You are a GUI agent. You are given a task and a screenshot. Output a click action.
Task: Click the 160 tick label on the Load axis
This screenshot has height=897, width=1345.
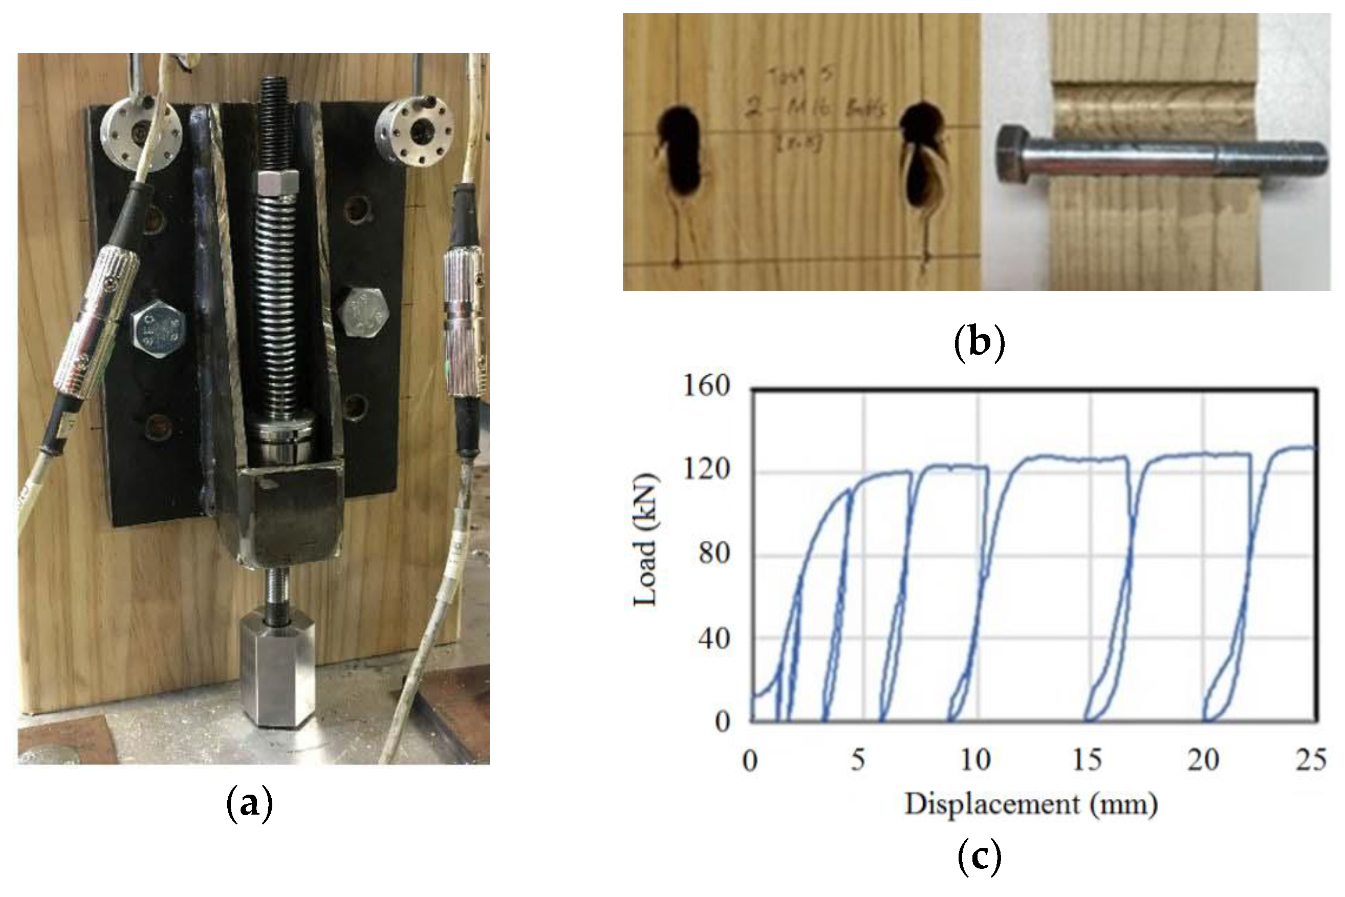(x=707, y=387)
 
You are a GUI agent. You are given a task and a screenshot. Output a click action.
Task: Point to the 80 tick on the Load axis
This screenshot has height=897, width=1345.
(x=714, y=554)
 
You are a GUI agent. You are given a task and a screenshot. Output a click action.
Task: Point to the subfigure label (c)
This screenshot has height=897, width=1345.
(x=979, y=872)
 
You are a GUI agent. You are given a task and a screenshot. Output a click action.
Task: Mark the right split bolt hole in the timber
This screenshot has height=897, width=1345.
(x=922, y=160)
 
